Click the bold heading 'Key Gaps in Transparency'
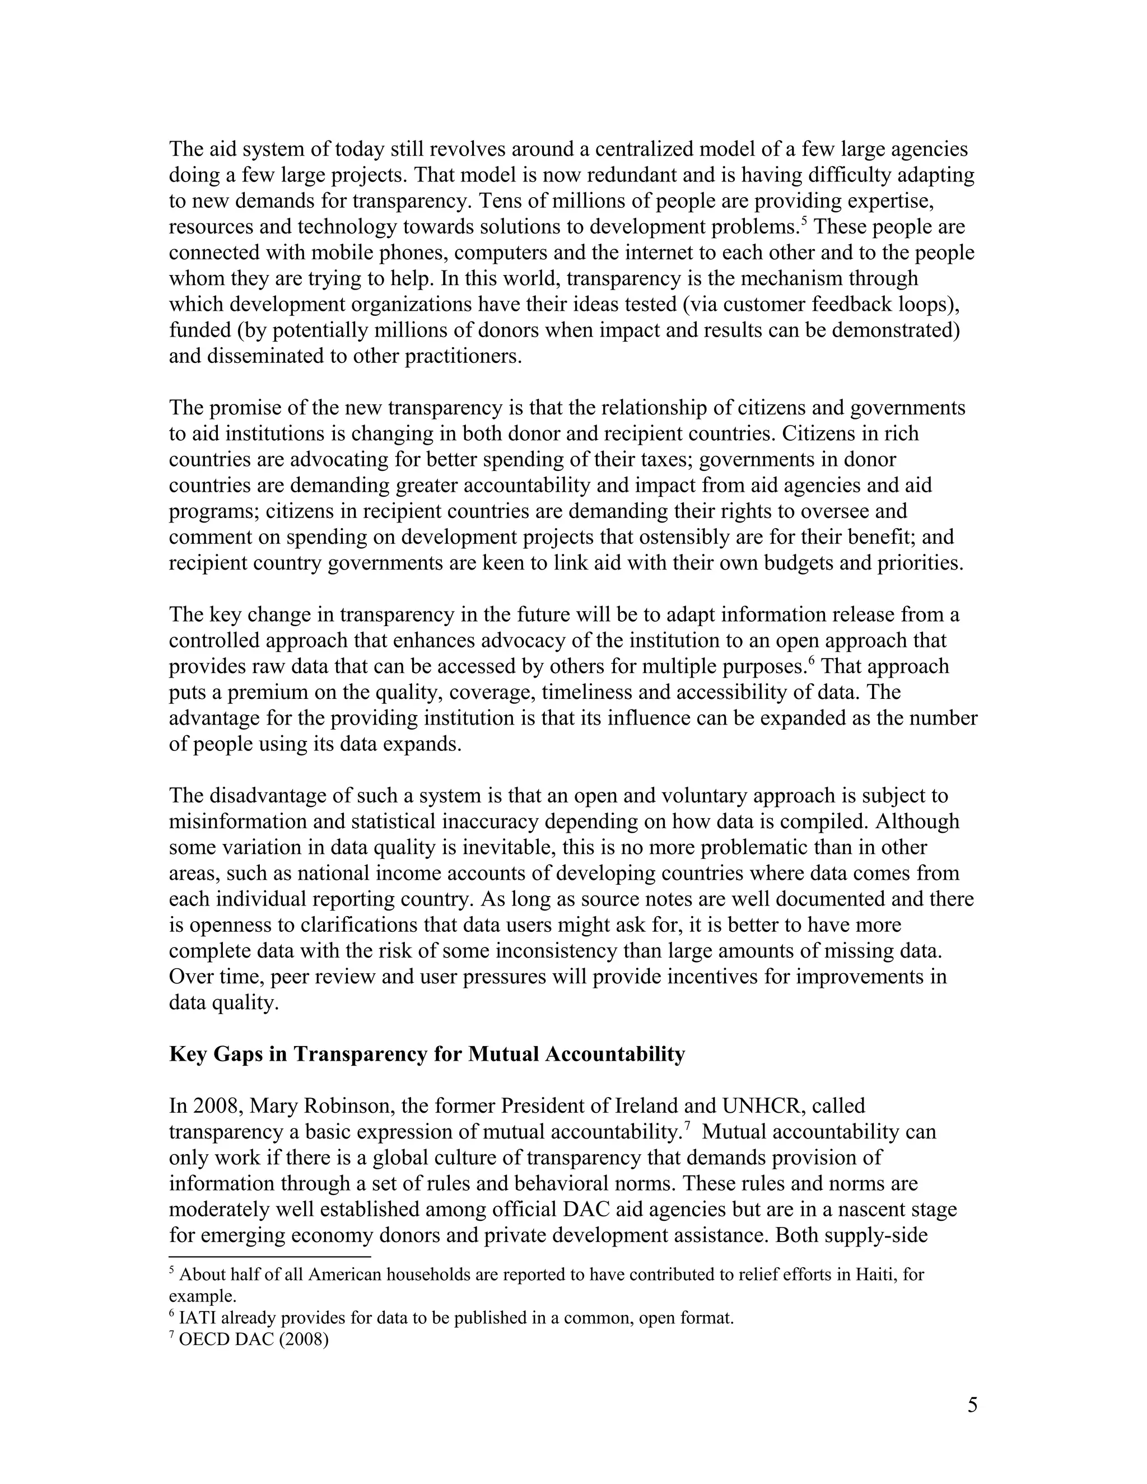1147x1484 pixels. coord(427,1054)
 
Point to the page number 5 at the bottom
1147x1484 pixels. coord(972,1405)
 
